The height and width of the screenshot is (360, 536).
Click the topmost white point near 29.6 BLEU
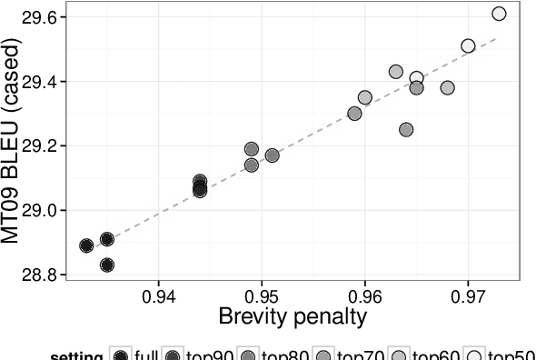click(x=499, y=14)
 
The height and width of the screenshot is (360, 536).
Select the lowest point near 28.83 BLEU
click(x=107, y=265)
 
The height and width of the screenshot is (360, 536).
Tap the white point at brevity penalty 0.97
click(x=468, y=45)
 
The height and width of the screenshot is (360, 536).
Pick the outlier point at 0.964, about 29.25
click(x=406, y=130)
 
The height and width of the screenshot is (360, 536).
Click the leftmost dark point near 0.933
click(x=86, y=245)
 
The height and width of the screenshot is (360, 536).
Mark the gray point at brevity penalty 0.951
click(x=272, y=155)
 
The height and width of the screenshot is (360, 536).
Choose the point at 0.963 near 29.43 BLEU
click(x=396, y=72)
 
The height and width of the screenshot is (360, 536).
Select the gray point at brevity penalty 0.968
click(x=447, y=88)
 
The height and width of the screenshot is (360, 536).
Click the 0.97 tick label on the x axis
click(x=468, y=295)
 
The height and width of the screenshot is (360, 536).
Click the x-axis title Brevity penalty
click(x=292, y=316)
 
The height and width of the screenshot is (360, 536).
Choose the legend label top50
click(x=512, y=355)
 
